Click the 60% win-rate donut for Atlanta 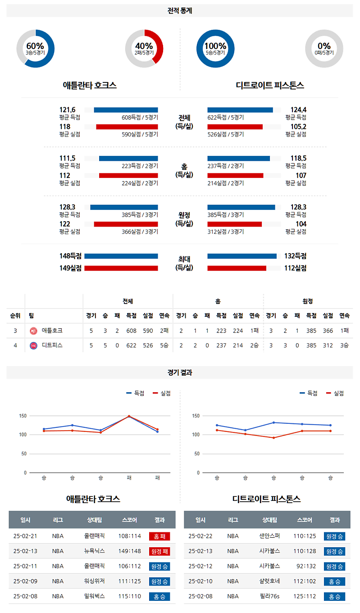pyautogui.click(x=35, y=48)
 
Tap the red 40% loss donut pyautogui.click(x=144, y=48)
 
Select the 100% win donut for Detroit pyautogui.click(x=215, y=48)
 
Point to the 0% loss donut pyautogui.click(x=324, y=48)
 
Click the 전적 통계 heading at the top pyautogui.click(x=180, y=11)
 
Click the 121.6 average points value pyautogui.click(x=68, y=109)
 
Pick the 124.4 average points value pyautogui.click(x=298, y=109)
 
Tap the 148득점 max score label pyautogui.click(x=70, y=256)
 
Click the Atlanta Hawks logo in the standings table pyautogui.click(x=33, y=331)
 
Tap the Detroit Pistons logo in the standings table pyautogui.click(x=33, y=346)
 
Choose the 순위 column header pyautogui.click(x=15, y=315)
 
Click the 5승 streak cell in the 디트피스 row pyautogui.click(x=164, y=345)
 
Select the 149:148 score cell pyautogui.click(x=129, y=551)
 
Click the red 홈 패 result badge pyautogui.click(x=159, y=536)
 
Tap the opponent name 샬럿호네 pyautogui.click(x=269, y=581)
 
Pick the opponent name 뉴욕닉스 pyautogui.click(x=95, y=551)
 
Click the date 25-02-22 pyautogui.click(x=201, y=536)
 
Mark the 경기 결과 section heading pyautogui.click(x=180, y=372)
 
